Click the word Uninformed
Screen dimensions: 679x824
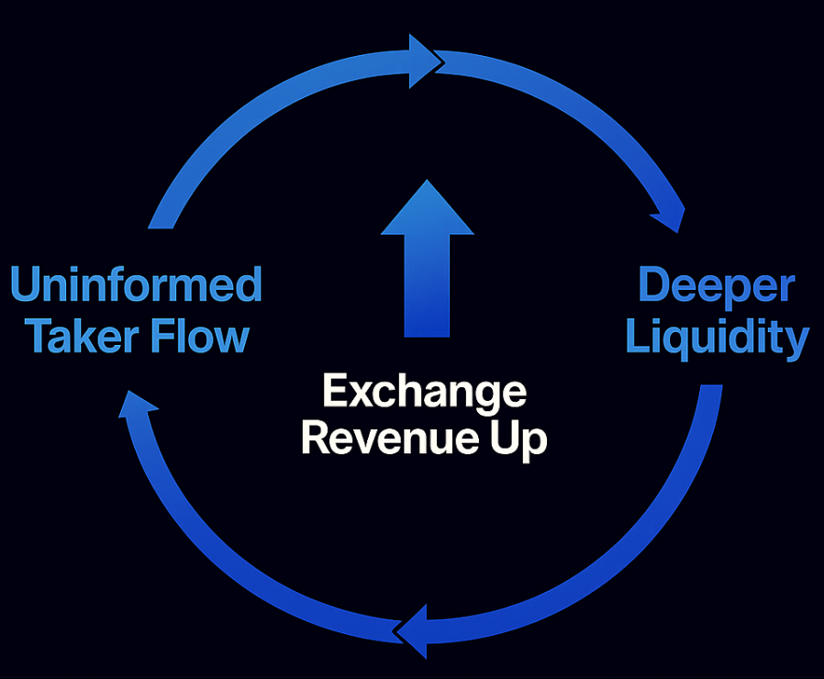(x=136, y=285)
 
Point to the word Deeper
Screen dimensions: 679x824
(x=716, y=285)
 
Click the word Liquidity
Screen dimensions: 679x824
(x=717, y=338)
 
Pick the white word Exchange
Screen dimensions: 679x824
(x=424, y=393)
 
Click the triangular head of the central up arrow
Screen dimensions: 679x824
(x=427, y=210)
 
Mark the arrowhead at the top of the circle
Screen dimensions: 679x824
(x=424, y=61)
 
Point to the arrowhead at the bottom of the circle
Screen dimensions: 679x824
(x=414, y=629)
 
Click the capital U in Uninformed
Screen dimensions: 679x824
(x=25, y=285)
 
